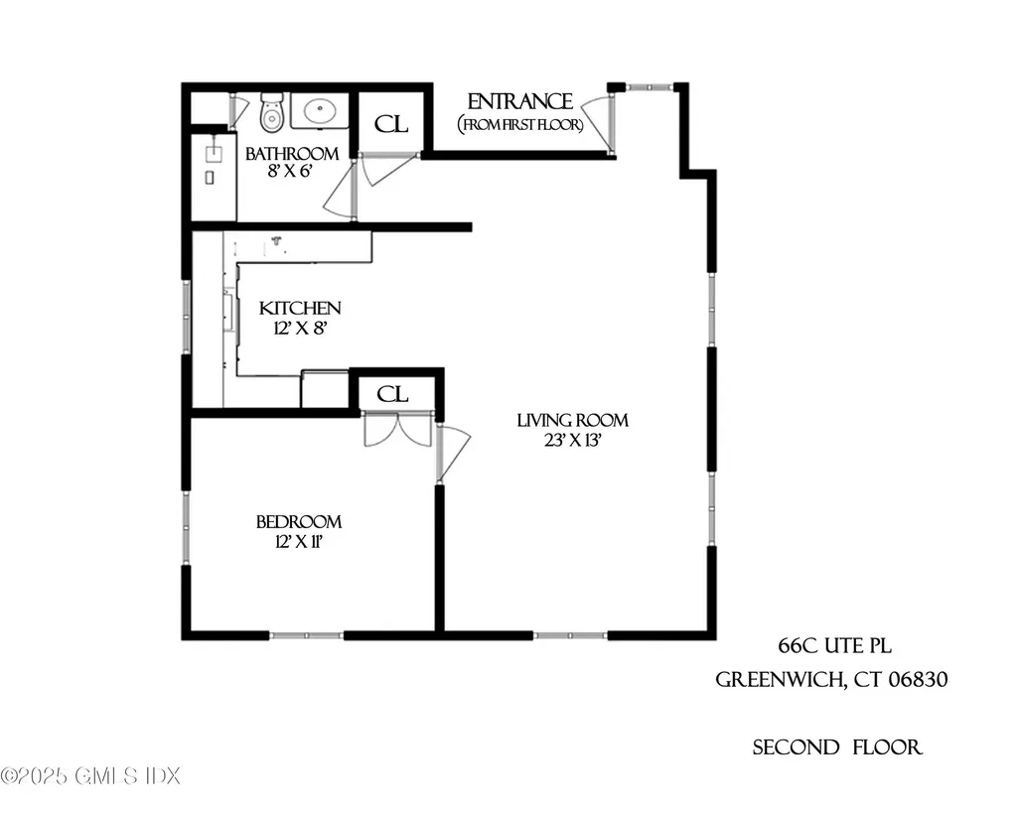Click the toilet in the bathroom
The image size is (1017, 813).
pos(271,111)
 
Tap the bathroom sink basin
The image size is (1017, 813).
pos(320,111)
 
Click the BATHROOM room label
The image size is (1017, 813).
pos(292,154)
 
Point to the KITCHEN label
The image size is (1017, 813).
pos(300,309)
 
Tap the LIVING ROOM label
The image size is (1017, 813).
pos(572,420)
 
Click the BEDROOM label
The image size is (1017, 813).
pos(299,522)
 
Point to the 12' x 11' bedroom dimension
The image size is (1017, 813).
pos(299,542)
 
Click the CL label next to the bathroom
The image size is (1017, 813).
pos(389,125)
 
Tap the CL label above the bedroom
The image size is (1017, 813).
pos(393,394)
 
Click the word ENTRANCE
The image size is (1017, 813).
pos(519,101)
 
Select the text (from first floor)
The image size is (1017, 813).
pos(519,124)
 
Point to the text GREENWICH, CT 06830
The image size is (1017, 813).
pos(832,681)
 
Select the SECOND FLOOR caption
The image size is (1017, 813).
pos(837,747)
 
